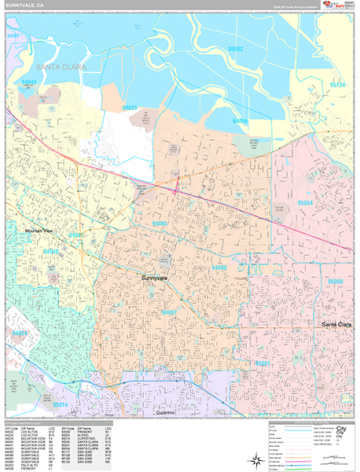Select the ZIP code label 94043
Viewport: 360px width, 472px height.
[29, 81]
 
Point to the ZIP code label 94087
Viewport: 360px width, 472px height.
[168, 312]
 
